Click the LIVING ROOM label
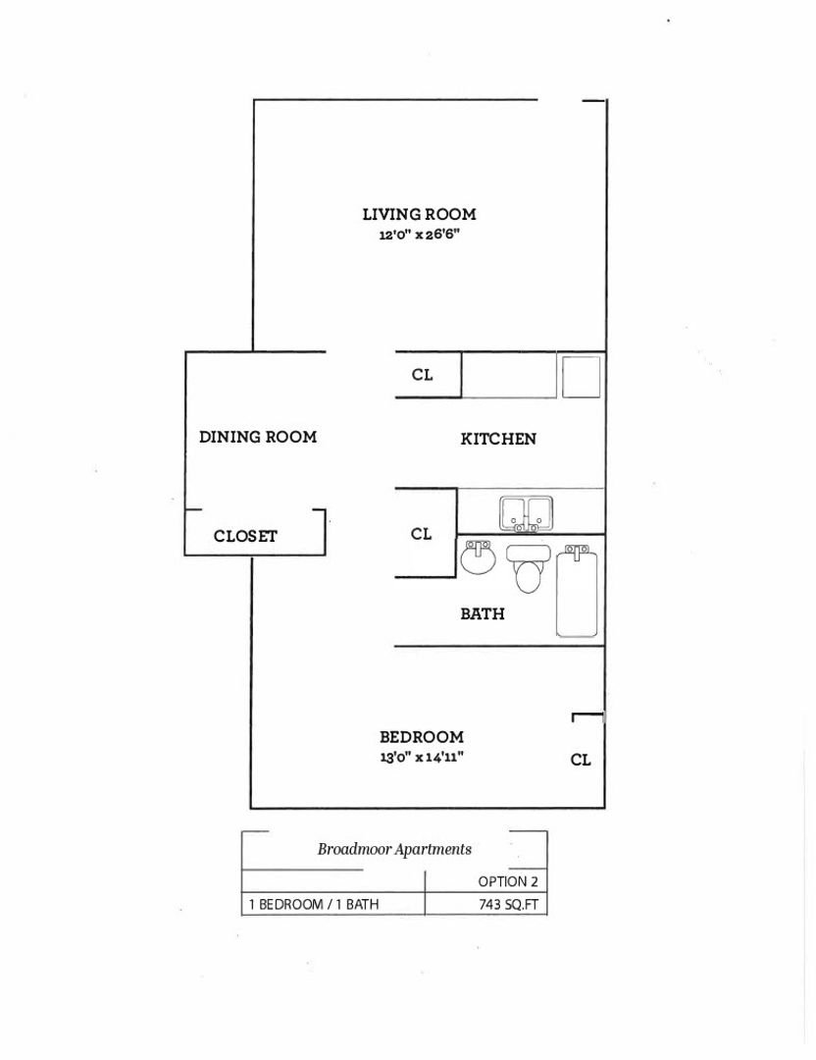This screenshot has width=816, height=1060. (x=419, y=214)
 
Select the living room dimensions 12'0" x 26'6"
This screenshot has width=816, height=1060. (x=419, y=235)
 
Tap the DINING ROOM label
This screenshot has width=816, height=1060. (x=258, y=437)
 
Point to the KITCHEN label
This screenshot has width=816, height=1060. (x=498, y=439)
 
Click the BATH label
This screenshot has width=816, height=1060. (x=483, y=613)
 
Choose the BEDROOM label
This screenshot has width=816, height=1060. (x=422, y=737)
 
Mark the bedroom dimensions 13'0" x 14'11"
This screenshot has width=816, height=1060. (x=422, y=758)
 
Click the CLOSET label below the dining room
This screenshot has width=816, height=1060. (x=245, y=536)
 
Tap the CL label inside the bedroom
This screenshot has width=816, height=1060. (x=581, y=760)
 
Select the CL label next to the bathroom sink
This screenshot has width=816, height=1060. (x=422, y=534)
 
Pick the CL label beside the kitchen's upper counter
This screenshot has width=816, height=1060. (x=422, y=375)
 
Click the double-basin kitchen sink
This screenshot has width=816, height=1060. (x=528, y=512)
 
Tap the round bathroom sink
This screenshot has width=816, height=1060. (x=479, y=559)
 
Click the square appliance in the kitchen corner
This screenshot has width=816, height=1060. (x=580, y=376)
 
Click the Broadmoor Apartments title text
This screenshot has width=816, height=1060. (x=394, y=849)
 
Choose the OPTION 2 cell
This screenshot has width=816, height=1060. (x=508, y=881)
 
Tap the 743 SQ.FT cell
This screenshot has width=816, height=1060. (x=508, y=905)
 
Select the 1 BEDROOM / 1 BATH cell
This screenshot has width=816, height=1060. (x=314, y=905)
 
